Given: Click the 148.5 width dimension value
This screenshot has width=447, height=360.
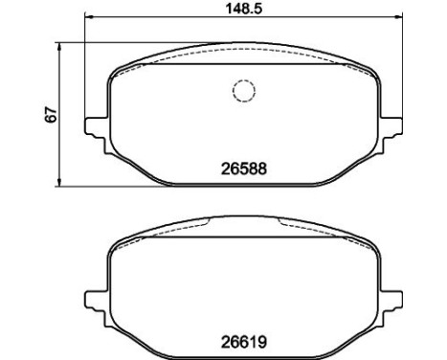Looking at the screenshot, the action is pos(244,9).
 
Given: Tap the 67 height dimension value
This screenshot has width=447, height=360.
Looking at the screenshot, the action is pos(51,115).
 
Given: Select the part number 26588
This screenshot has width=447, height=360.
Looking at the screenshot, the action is pos(244,169).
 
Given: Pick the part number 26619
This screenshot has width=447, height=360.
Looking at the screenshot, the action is pos(244,343).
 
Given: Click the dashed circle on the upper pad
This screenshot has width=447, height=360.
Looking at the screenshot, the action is pos(244,91).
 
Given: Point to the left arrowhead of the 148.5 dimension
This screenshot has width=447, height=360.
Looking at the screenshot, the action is pos(88,16).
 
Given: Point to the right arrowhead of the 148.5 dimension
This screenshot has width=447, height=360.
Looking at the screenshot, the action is pos(399,16).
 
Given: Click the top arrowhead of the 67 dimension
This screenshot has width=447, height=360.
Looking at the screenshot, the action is pos(58,47).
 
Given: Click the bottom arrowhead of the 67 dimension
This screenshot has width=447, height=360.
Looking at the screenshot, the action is pos(58,182).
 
